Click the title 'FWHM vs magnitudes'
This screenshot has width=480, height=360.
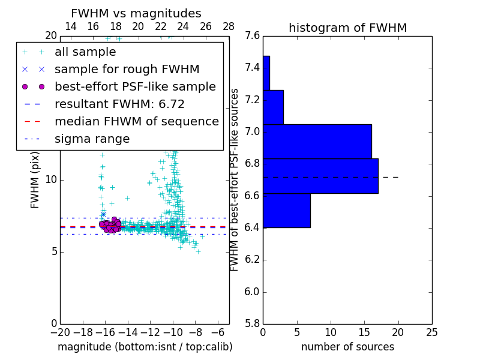pos(136,13)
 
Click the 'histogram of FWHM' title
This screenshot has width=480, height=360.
pos(347,28)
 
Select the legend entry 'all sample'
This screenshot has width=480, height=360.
pos(85,52)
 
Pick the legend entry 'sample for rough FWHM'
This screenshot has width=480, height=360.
pos(127,69)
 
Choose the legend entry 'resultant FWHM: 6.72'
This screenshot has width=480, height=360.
pos(119,104)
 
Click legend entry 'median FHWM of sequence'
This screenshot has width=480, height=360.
pos(136,121)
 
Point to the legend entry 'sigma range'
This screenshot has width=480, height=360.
pos(92,139)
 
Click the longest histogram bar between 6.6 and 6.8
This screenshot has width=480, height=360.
pos(320,176)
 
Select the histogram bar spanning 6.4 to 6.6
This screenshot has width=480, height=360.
pos(287,211)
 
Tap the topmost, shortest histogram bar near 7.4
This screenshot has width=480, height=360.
pos(266,73)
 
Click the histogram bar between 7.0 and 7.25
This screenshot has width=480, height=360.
pos(273,107)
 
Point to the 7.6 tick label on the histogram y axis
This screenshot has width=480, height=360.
pos(253,35)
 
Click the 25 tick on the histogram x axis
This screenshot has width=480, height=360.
pos(431,332)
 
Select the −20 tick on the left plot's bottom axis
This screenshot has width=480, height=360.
pos(59,332)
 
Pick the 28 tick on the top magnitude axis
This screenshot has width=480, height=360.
pos(229,26)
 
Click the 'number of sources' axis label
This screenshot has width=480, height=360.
pos(347,347)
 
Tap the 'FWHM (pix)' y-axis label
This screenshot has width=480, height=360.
pos(35,179)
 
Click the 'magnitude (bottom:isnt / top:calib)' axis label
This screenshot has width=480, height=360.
pos(145,347)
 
